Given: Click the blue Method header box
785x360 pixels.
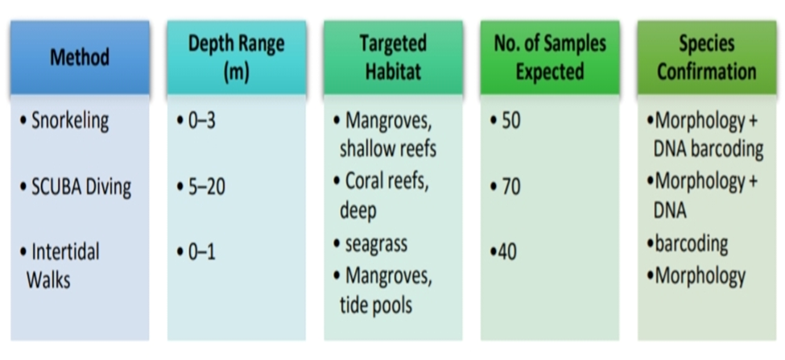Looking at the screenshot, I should point(79,57).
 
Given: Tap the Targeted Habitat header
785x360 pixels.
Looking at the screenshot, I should point(393,57).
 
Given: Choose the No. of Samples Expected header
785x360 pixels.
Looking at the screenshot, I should point(550,57).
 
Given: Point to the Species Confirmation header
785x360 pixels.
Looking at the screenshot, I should point(706,57).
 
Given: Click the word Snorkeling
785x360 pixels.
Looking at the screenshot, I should point(69,122).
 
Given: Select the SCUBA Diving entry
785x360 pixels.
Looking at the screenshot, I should point(81,187).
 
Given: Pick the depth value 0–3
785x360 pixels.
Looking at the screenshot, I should point(200,122).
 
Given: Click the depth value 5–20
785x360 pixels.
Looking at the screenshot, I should point(205,187).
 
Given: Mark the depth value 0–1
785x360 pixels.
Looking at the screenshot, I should point(200,252).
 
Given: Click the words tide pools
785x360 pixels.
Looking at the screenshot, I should point(376,305).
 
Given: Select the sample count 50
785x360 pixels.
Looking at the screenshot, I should point(510,122).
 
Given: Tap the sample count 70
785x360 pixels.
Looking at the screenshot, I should point(510,187).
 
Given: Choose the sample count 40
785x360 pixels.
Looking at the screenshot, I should point(507,252).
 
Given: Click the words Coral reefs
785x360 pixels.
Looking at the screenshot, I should point(386,181).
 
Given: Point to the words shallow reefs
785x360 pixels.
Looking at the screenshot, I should point(387,149).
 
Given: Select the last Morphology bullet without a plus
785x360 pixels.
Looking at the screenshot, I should point(700,276).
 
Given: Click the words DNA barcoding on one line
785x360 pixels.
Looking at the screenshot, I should point(708,149).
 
